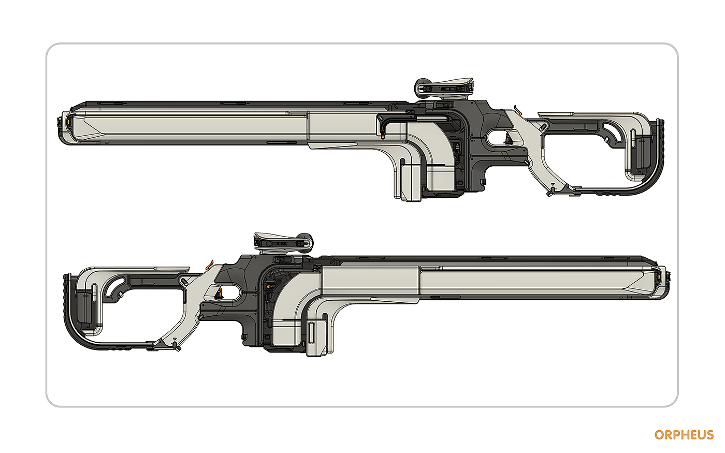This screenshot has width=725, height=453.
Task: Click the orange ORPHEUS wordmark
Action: coord(684,435)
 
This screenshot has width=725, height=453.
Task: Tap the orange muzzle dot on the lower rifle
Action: coord(659,276)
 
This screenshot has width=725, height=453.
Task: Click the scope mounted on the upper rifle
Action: coord(444,89)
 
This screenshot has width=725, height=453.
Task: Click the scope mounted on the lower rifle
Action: coord(284,243)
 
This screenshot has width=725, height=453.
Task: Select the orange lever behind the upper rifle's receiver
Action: coord(518,110)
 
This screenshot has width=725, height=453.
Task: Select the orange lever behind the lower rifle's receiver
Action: coord(210,265)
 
